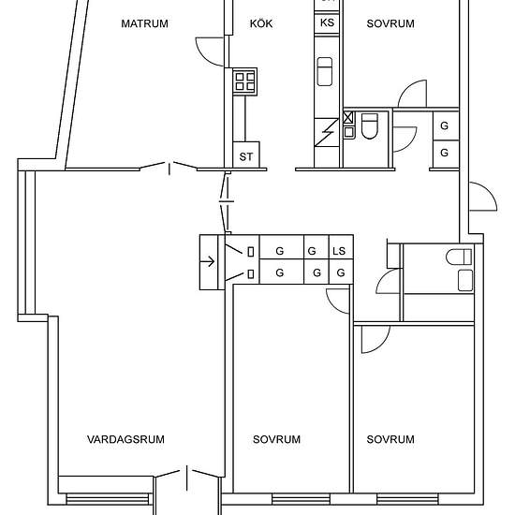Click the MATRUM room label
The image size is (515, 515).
point(144,23)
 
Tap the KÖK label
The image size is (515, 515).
point(261,23)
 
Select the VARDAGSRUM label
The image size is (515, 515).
point(125,439)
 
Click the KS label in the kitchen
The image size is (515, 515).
point(327,22)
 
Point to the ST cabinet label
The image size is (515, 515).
point(246,157)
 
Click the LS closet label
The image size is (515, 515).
point(339,251)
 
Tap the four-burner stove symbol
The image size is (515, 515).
point(244,81)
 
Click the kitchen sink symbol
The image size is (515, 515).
point(325,71)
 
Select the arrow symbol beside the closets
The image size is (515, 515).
point(207,262)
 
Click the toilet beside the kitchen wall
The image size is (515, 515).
point(370,126)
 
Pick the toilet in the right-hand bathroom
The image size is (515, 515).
point(459,257)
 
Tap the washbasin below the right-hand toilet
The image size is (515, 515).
point(465,281)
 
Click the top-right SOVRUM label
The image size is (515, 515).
point(390,23)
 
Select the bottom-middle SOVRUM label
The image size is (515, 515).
point(276,439)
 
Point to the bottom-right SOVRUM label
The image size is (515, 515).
point(390,439)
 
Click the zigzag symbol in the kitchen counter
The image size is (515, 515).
point(327,132)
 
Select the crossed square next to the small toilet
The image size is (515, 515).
point(348,117)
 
